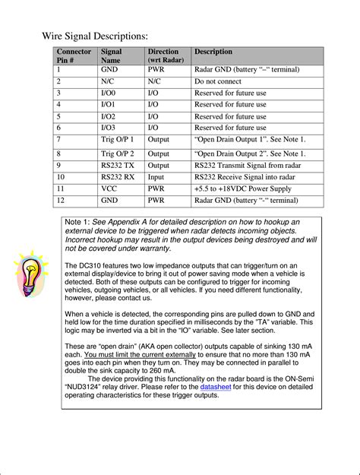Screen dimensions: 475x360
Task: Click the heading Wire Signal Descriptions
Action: pyautogui.click(x=94, y=36)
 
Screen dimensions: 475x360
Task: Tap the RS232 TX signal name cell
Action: pyautogui.click(x=117, y=165)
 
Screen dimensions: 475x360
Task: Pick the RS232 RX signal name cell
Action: pyautogui.click(x=117, y=176)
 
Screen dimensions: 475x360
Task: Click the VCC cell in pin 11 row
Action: pyautogui.click(x=111, y=188)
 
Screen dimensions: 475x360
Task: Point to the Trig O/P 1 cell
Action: pyautogui.click(x=117, y=140)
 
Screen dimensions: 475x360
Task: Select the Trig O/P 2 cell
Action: pyautogui.click(x=117, y=154)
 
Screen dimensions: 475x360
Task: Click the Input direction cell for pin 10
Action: pyautogui.click(x=156, y=176)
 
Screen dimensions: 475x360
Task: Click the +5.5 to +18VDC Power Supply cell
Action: pyautogui.click(x=242, y=188)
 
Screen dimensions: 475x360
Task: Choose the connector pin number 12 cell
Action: pyautogui.click(x=58, y=200)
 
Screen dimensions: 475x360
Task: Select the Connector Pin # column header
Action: pyautogui.click(x=73, y=56)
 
